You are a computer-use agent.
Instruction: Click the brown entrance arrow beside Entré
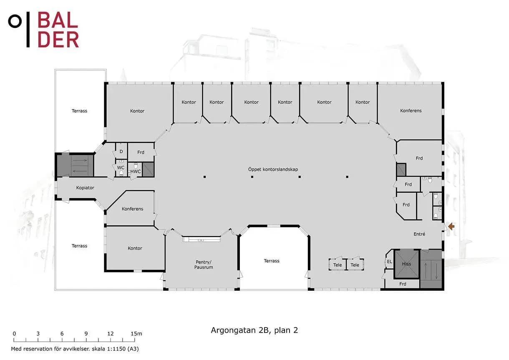[451, 227]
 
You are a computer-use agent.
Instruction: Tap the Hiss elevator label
[406, 264]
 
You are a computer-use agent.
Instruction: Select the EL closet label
[390, 262]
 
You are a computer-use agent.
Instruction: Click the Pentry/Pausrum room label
[204, 264]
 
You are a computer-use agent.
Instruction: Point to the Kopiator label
[85, 188]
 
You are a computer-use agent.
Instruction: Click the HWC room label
[136, 171]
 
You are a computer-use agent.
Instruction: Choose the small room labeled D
[121, 151]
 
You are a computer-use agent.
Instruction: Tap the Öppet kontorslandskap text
[273, 169]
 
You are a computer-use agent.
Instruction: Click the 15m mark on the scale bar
[136, 334]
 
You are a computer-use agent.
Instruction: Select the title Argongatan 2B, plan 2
[254, 330]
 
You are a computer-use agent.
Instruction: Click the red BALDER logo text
[58, 30]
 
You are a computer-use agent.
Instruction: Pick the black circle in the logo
[15, 21]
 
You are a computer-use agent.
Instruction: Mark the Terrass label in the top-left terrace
[79, 111]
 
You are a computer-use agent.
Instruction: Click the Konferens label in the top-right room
[411, 111]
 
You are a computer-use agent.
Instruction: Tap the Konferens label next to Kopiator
[133, 209]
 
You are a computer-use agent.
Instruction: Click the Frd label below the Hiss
[403, 284]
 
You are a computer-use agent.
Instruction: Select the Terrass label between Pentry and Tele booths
[272, 261]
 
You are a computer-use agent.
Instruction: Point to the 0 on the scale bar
[14, 334]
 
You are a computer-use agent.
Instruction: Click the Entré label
[419, 234]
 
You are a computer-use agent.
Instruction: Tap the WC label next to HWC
[121, 168]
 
